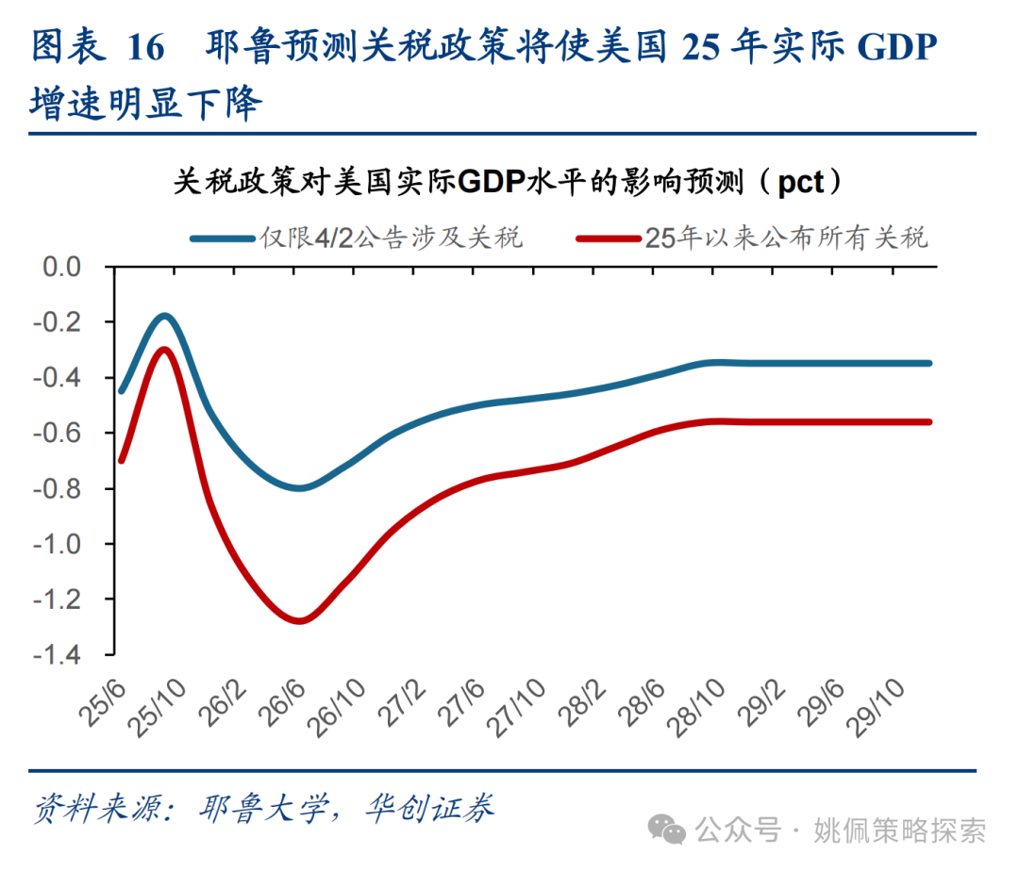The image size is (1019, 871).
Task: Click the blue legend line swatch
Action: (223, 238)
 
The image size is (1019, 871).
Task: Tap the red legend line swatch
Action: (608, 238)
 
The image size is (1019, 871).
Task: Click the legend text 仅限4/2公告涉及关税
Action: (391, 238)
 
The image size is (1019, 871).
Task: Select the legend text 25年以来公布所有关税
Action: (787, 238)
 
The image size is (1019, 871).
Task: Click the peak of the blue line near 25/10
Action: (166, 316)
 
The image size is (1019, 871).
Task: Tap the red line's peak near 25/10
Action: (165, 350)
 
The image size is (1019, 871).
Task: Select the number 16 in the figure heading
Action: (144, 48)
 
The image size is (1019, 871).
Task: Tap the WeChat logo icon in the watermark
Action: (671, 830)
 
